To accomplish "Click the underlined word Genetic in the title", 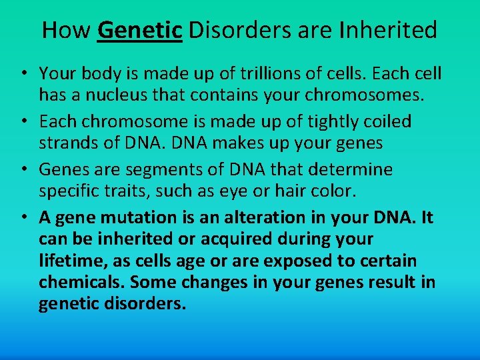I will click(140, 30).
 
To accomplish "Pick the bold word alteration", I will click(260, 217).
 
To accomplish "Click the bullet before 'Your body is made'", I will click(23, 73).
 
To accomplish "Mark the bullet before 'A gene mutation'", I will click(23, 218).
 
